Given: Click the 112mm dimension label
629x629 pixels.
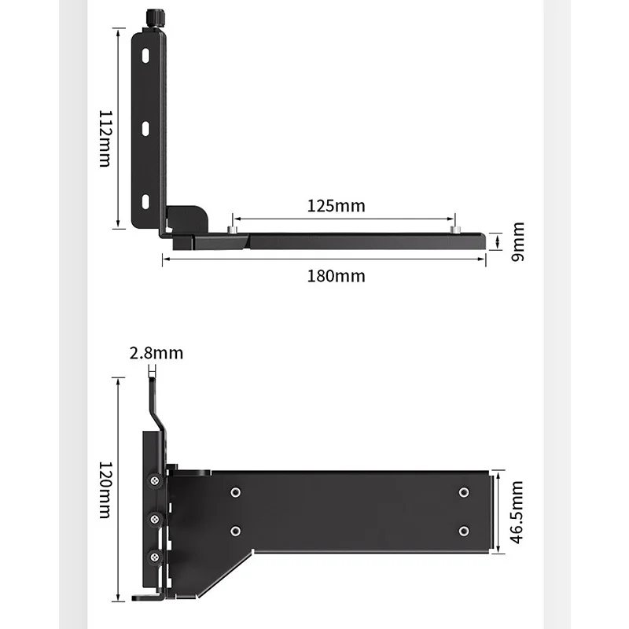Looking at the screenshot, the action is point(105,138).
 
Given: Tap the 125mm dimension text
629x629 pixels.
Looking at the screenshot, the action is point(337,206).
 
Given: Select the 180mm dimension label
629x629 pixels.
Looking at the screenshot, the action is point(337,276).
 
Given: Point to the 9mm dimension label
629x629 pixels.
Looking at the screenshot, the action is point(517,241).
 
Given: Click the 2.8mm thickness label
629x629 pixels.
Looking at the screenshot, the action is point(156,353).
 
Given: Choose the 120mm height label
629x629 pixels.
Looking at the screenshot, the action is point(105,490).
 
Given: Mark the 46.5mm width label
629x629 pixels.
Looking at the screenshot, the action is point(517,513).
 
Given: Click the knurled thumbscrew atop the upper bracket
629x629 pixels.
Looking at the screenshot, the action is point(154,18).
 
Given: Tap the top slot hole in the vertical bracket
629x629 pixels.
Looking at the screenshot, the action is point(145,56).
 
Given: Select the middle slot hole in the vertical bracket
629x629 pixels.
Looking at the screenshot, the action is point(145,129).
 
